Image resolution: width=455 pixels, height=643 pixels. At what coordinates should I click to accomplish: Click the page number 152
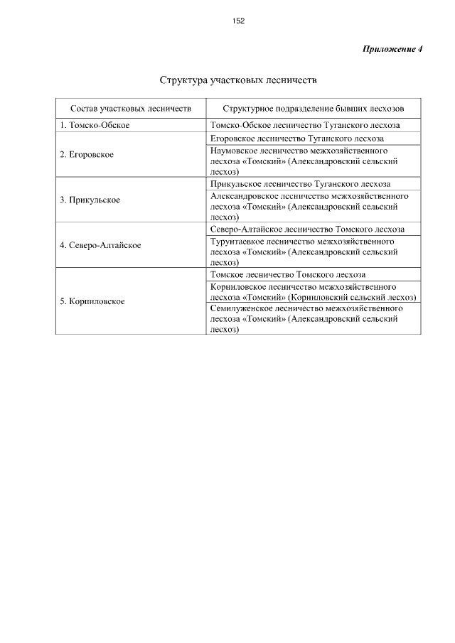point(238,21)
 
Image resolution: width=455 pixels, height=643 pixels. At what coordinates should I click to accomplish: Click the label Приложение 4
point(392,49)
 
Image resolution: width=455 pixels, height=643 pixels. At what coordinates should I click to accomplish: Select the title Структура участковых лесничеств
point(238,80)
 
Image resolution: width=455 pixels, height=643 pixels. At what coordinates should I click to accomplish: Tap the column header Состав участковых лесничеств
point(131,109)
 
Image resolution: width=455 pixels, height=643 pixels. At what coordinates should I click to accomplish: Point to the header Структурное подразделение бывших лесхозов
point(313,109)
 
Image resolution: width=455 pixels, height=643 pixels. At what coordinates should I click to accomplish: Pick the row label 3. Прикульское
point(90,200)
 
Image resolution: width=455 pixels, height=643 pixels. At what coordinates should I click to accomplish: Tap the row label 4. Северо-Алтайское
point(100,245)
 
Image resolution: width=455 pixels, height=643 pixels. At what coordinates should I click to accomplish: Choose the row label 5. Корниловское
point(92,301)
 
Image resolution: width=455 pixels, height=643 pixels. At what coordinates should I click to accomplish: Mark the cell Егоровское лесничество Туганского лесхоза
point(297,139)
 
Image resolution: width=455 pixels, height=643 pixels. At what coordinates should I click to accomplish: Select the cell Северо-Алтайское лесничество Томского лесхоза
point(307,229)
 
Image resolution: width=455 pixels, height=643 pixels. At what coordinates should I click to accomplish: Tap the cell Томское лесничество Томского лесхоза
point(288,274)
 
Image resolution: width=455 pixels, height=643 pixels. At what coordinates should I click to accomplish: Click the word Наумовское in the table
point(234,151)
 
